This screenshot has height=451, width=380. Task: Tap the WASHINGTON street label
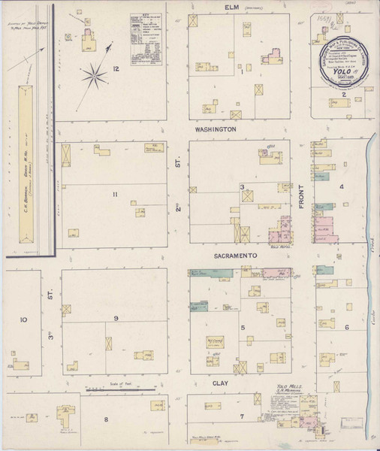216,129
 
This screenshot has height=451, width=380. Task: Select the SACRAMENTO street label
237,256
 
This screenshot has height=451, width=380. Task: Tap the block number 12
116,69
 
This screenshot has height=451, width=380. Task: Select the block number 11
115,195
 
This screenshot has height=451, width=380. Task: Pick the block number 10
23,319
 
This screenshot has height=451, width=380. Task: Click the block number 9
116,319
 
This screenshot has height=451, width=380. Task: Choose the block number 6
346,327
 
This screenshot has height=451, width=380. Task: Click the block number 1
243,72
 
